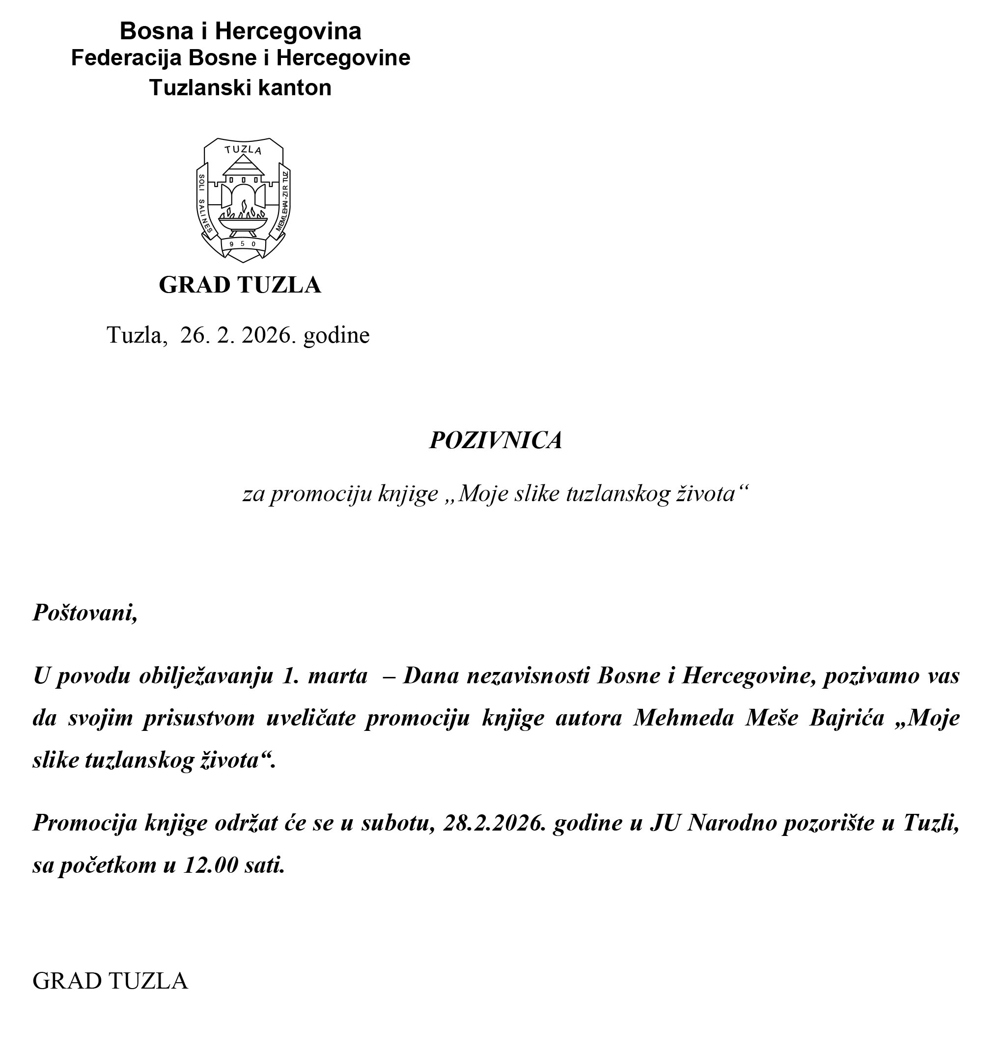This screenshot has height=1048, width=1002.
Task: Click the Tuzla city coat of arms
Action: tap(243, 200)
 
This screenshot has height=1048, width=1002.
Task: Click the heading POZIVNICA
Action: tap(496, 440)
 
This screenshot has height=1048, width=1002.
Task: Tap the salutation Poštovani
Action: tap(85, 613)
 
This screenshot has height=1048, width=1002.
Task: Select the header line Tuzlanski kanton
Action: tap(240, 87)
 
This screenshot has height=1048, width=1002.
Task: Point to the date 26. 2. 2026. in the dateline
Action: tap(238, 335)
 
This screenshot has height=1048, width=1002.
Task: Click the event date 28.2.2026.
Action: tap(495, 823)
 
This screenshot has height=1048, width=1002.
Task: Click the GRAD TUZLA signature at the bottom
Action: tap(110, 981)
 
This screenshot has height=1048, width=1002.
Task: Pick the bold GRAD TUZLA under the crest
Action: tap(240, 285)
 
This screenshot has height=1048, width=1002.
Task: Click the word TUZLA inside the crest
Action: tap(243, 150)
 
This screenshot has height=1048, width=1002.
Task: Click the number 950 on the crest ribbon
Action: tap(243, 244)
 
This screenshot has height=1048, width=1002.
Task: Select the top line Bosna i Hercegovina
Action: tap(240, 31)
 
